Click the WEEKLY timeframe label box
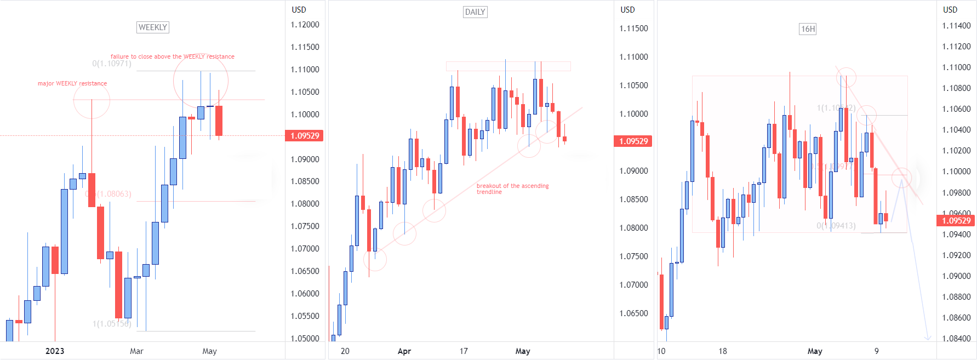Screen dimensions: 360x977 click(152, 27)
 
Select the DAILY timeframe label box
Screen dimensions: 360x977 click(475, 12)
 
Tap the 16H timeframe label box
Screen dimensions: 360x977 click(808, 29)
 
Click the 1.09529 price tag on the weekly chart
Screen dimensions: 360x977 click(304, 136)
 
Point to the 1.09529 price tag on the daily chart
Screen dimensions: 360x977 click(633, 141)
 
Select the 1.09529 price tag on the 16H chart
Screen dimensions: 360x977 click(956, 221)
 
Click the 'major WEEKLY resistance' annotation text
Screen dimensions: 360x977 click(72, 84)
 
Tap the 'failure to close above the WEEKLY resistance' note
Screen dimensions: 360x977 click(172, 57)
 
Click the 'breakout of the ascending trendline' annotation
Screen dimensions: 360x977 click(512, 189)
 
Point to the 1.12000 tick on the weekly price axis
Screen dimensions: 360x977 click(305, 25)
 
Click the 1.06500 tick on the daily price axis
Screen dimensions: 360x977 click(633, 313)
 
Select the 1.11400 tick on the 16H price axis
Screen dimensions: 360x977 click(956, 26)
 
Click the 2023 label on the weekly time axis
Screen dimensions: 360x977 click(55, 351)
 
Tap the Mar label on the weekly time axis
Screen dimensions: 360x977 click(136, 351)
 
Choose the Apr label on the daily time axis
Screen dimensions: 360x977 click(404, 351)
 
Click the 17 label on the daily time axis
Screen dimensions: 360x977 click(464, 351)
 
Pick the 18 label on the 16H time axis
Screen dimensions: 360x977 click(723, 351)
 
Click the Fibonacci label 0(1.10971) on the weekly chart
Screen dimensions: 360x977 click(112, 64)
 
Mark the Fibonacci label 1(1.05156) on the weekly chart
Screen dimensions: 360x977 click(112, 324)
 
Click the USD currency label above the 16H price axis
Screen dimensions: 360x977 click(950, 10)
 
